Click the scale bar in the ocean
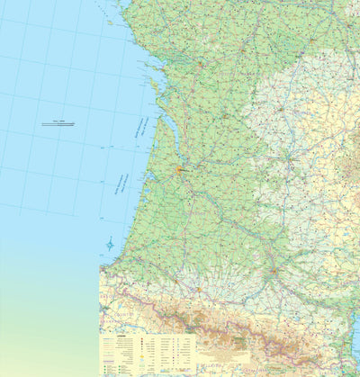58,124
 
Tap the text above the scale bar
58,120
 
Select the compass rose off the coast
110,244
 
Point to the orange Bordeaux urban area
179,168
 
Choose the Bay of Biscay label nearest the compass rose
121,184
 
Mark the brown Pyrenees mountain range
225,319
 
